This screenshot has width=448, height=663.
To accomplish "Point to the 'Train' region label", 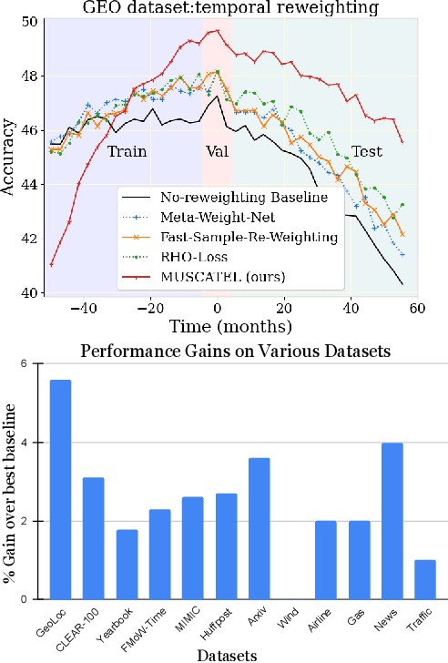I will tap(127, 152).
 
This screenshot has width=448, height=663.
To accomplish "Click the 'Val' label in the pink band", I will tap(217, 152).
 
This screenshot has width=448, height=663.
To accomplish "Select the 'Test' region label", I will tap(366, 152).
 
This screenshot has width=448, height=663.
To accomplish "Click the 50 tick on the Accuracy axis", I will tap(30, 24).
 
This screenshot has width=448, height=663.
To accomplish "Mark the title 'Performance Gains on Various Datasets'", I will tap(230, 351).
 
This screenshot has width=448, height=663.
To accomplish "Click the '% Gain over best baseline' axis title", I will tap(10, 482).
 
